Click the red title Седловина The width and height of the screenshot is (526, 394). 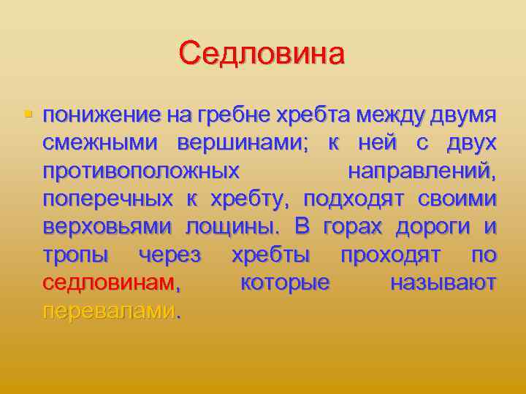(262, 53)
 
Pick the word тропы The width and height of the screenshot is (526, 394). (76, 255)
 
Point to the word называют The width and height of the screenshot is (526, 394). (443, 282)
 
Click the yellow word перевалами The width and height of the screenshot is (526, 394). (109, 311)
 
